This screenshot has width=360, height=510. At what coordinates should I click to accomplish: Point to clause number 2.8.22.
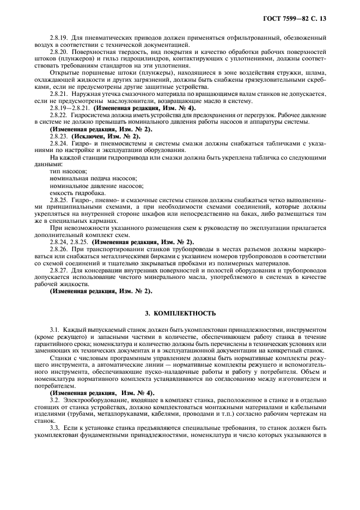pyautogui.click(x=59, y=115)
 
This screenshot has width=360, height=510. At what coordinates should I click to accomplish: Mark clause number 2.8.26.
pyautogui.click(x=59, y=248)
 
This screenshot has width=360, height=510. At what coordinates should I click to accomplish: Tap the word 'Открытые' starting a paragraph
pyautogui.click(x=63, y=72)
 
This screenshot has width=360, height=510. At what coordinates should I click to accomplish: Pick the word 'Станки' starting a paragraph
pyautogui.click(x=59, y=358)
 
